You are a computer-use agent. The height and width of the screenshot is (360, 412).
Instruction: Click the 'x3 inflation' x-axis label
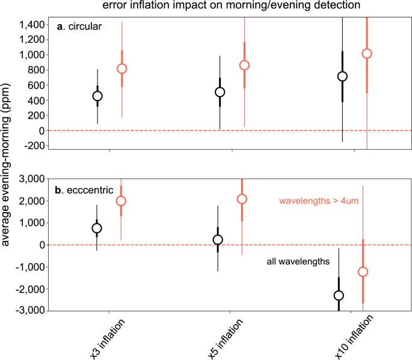point(106,340)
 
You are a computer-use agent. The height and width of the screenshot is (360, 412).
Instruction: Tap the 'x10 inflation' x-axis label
point(348,340)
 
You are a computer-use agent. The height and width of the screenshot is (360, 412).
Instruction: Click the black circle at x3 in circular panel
point(97,96)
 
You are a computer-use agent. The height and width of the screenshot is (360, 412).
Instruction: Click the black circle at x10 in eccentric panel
point(339,295)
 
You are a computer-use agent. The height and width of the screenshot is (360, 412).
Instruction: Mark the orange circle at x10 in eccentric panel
point(363,272)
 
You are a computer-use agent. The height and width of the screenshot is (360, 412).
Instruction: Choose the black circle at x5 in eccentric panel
point(218,239)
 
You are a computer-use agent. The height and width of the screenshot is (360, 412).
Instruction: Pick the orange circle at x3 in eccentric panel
point(121,201)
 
